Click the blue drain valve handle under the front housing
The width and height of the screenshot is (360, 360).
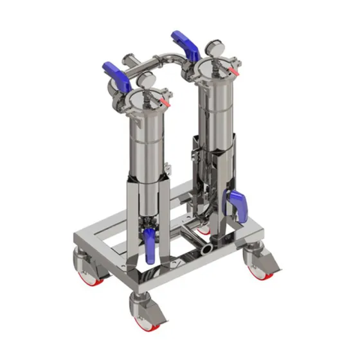pyautogui.click(x=149, y=247)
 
